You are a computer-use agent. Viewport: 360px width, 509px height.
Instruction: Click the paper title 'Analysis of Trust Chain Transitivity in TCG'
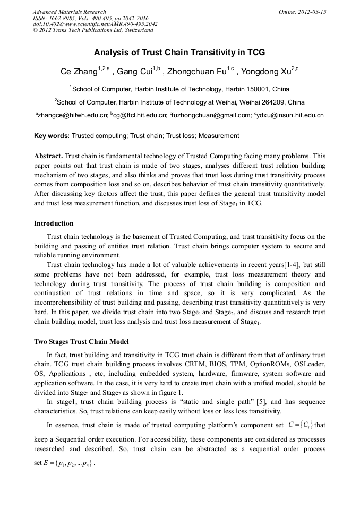[179, 53]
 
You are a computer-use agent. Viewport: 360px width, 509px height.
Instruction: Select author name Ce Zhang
[79, 72]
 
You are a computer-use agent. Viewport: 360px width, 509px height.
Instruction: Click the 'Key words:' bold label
[52, 136]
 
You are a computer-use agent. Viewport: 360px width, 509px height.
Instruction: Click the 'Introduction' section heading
[54, 223]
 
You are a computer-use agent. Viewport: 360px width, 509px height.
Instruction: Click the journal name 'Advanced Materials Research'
[69, 12]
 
